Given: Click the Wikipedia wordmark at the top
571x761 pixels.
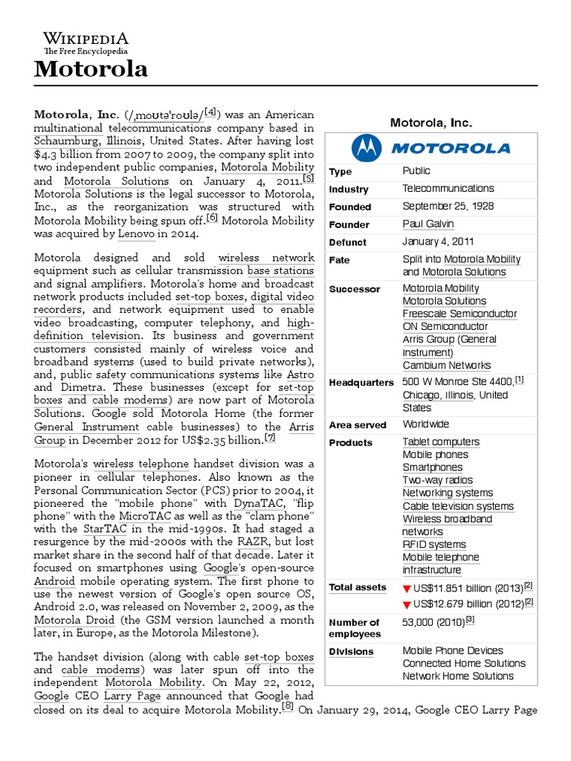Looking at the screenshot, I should pos(86,39).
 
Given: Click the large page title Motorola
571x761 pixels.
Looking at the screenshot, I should pos(91,70).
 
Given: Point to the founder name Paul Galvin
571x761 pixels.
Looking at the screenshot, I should pos(428,224).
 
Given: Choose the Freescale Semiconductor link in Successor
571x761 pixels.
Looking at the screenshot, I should pos(459,314).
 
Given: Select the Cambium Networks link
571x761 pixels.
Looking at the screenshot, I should pos(446,365).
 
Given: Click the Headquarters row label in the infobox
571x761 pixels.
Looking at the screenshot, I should pos(361,383).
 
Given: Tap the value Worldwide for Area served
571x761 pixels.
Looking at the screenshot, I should pos(426,424).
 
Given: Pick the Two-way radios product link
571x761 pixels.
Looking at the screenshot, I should pos(437,480).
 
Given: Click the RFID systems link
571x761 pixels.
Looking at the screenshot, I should pos(434,545).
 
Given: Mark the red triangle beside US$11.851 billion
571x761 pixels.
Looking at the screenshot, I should pos(407,589).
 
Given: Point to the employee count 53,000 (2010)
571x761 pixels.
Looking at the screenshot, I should pos(434,620).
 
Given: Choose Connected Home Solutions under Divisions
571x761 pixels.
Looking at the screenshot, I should pos(464,663).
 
